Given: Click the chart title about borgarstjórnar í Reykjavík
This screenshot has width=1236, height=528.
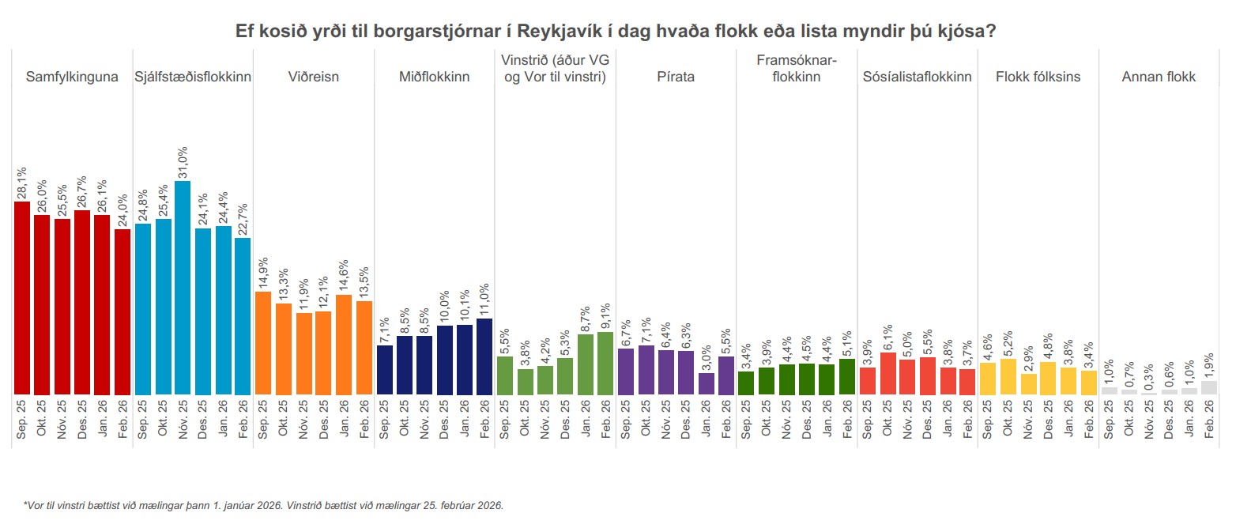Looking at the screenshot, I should (x=616, y=32).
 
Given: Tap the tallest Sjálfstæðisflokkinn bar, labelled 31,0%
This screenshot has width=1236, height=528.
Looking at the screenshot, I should (x=183, y=288).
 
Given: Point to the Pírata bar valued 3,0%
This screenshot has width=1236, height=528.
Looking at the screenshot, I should (x=706, y=383).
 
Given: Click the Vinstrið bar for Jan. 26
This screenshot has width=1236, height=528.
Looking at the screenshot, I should (x=586, y=364).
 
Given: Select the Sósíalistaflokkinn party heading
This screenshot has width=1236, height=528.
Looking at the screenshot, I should (x=918, y=77).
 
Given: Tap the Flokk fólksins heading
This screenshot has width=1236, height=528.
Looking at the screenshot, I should (x=1038, y=77).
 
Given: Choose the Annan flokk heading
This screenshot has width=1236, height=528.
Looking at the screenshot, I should (x=1159, y=77).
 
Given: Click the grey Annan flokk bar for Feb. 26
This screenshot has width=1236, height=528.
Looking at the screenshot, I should (x=1209, y=388).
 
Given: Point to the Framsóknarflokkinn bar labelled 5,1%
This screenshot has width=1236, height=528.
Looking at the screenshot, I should (x=847, y=376).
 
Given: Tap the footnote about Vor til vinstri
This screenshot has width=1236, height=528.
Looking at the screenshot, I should (x=263, y=505).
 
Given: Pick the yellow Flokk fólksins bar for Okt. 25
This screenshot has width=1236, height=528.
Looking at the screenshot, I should (x=1008, y=376).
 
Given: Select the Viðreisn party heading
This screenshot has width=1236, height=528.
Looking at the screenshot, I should (x=314, y=77).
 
